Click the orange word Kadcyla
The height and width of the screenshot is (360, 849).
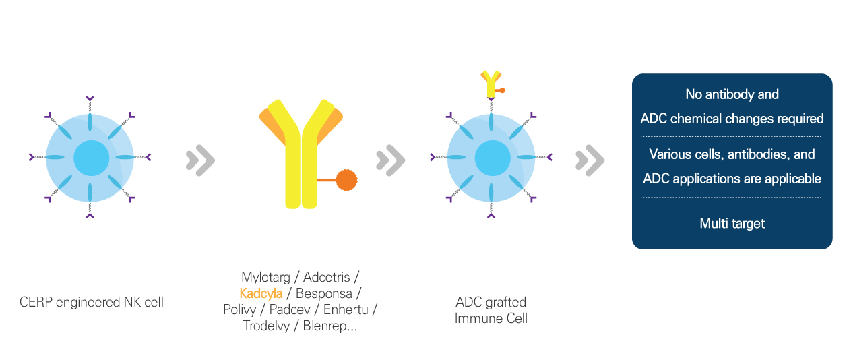click(x=261, y=293)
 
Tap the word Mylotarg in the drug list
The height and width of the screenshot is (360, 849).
click(x=265, y=277)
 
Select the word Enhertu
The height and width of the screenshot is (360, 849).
click(x=346, y=309)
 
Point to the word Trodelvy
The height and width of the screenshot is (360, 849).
click(x=266, y=326)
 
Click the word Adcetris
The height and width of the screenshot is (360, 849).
click(x=326, y=277)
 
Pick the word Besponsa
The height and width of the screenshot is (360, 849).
click(x=324, y=294)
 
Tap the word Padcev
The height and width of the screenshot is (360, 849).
click(x=290, y=309)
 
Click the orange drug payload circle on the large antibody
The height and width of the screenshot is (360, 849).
click(x=346, y=180)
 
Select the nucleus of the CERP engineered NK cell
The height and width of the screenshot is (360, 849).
click(x=92, y=158)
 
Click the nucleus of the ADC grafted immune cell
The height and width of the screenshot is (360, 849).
click(x=493, y=158)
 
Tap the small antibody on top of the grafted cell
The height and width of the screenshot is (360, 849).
click(x=492, y=84)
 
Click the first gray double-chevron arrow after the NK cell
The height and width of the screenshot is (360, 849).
click(x=201, y=160)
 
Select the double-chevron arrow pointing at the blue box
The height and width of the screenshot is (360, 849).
click(x=590, y=160)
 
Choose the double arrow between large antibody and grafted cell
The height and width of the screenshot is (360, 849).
click(x=390, y=160)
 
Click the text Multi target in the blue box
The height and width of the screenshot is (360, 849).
click(x=732, y=223)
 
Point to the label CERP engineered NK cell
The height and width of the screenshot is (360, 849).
click(x=92, y=302)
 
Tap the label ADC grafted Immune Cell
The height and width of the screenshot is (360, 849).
click(x=491, y=310)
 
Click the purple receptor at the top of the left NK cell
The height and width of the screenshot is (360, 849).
click(x=90, y=99)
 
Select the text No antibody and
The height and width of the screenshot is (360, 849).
click(x=732, y=94)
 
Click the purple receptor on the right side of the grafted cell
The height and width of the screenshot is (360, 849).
click(x=550, y=156)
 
